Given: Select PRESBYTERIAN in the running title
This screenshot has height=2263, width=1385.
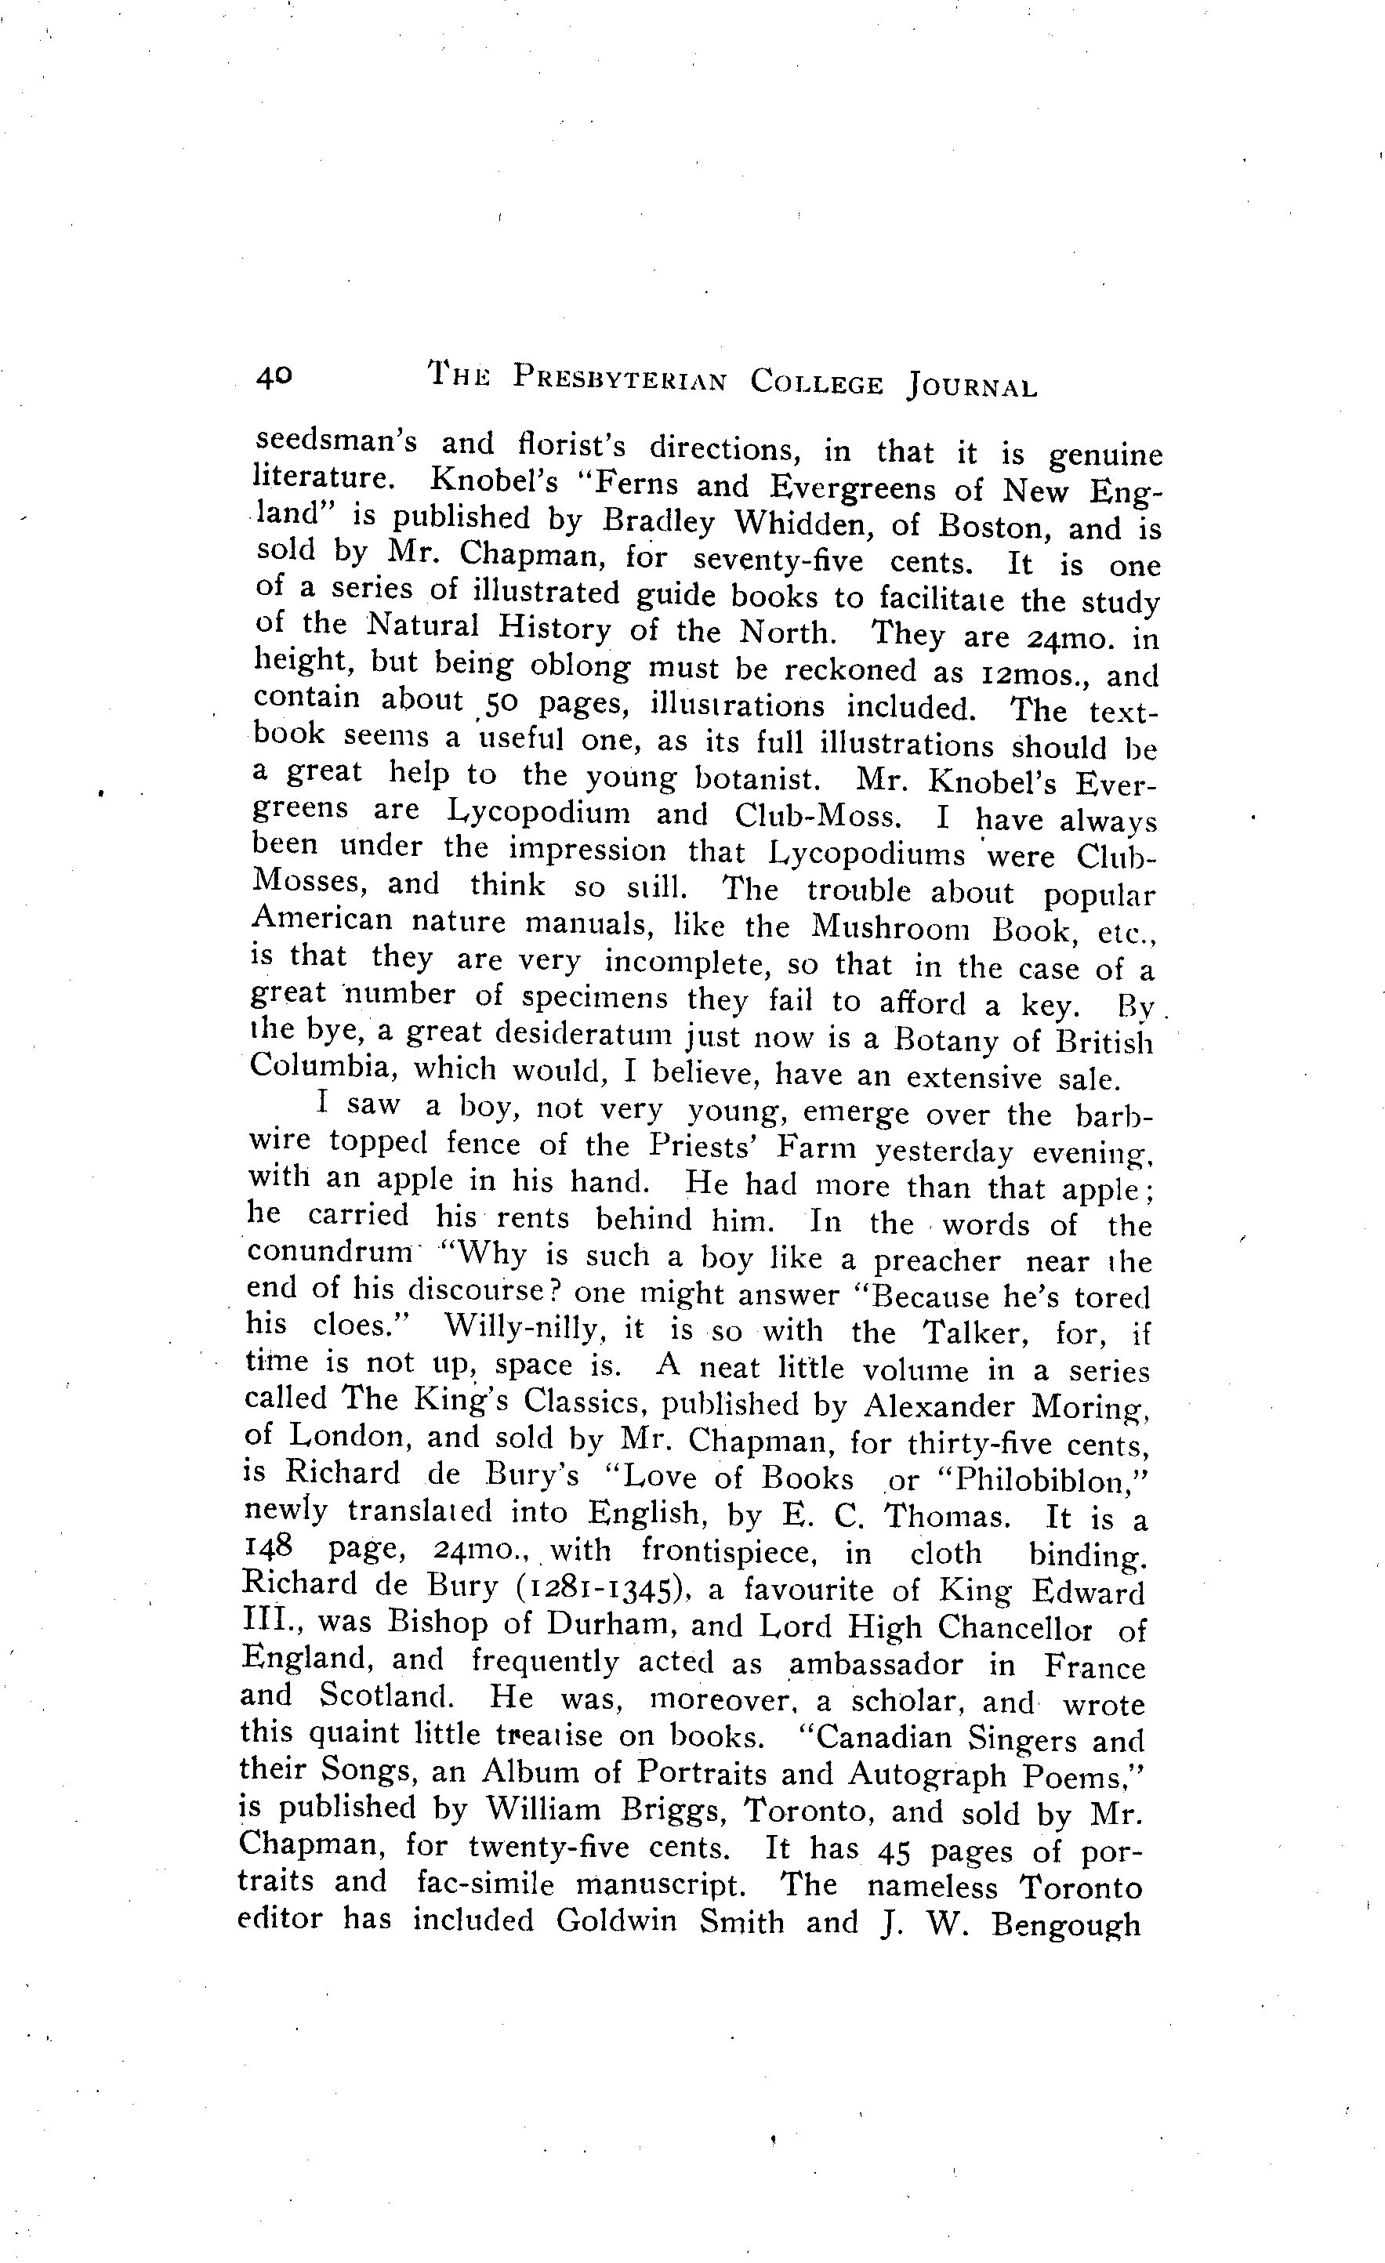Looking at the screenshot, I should click(x=619, y=379).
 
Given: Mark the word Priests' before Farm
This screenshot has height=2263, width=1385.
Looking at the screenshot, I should click(x=707, y=1147).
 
